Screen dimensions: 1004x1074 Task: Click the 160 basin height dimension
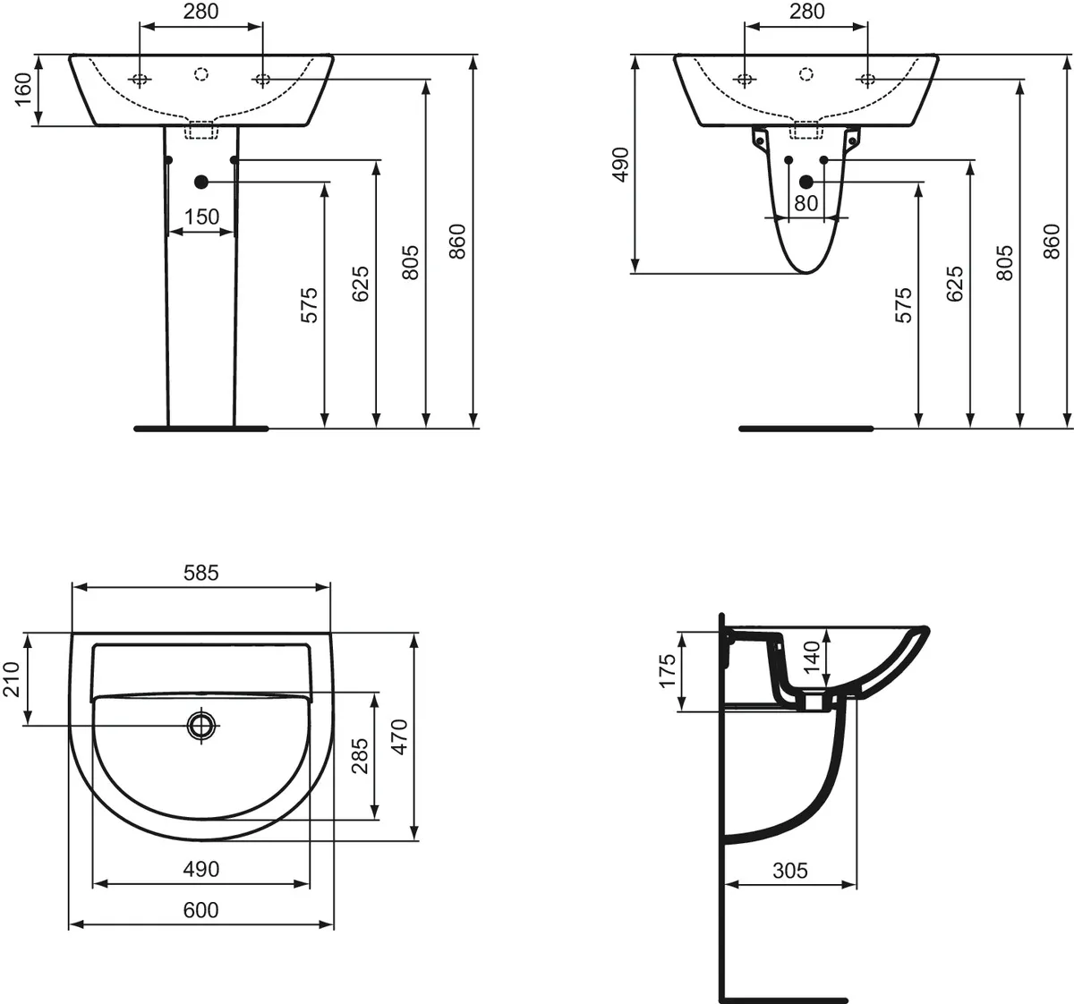[23, 89]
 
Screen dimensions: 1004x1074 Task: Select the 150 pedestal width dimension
[201, 217]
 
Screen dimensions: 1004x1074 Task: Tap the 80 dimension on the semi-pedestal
[805, 203]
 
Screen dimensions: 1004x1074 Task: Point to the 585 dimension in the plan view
[200, 573]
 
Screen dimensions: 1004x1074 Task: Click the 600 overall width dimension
[200, 910]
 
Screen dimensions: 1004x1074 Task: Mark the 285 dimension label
[360, 756]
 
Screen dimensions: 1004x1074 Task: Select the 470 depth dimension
[400, 736]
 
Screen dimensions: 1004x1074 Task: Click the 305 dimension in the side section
[789, 870]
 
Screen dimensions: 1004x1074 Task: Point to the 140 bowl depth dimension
[811, 658]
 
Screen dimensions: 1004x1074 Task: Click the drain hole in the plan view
[202, 725]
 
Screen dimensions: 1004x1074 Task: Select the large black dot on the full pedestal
[200, 182]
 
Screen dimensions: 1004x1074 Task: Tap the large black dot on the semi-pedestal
[805, 182]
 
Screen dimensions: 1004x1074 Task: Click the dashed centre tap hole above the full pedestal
[201, 75]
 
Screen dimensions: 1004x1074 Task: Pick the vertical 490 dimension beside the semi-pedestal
[621, 164]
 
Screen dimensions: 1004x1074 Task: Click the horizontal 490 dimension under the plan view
[200, 869]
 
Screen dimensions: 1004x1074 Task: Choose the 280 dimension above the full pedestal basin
[200, 12]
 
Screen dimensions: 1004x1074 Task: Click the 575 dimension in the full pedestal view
[309, 304]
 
